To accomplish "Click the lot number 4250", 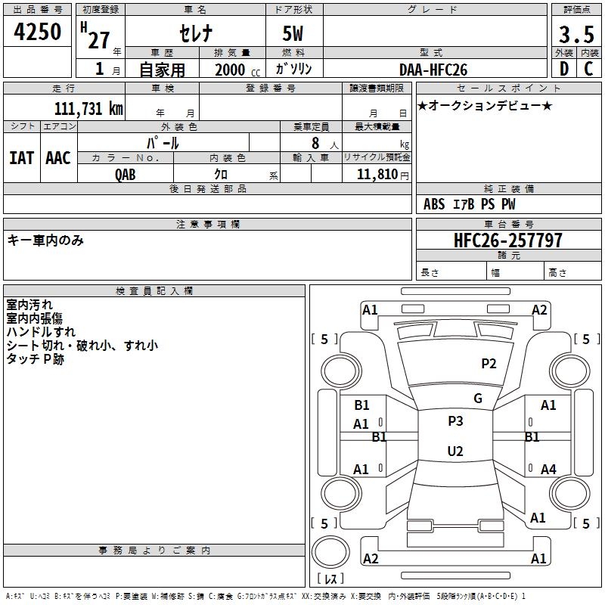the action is (38, 32).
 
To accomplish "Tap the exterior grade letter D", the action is (563, 69).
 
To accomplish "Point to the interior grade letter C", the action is (588, 69).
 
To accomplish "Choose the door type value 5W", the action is (293, 34).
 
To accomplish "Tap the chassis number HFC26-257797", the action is (508, 240).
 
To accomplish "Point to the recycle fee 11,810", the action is (381, 175).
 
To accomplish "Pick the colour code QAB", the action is (126, 175).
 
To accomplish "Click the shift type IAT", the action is (21, 157).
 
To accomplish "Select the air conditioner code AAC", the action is (58, 157).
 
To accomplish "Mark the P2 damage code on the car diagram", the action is (489, 364).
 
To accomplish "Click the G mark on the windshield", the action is (477, 399).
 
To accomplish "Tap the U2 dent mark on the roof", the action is (455, 451).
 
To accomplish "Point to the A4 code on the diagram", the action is (548, 470).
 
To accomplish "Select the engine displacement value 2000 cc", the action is (234, 70).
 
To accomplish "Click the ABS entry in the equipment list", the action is (434, 204).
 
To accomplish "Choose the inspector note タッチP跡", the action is (36, 359).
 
